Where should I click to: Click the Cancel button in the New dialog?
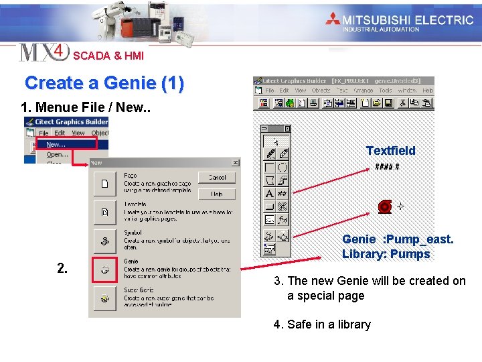[x=217, y=178]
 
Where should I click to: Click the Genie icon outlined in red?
[x=105, y=269]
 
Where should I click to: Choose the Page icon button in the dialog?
[x=104, y=183]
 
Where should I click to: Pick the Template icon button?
[x=104, y=212]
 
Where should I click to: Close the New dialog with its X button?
[x=235, y=162]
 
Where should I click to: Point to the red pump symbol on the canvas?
[x=385, y=206]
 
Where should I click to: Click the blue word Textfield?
[x=390, y=151]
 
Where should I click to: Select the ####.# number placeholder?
[x=387, y=167]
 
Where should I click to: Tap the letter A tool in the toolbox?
[x=269, y=194]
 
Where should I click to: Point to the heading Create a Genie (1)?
[x=104, y=83]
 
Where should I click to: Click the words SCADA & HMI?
[x=108, y=56]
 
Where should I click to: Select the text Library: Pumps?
[x=386, y=254]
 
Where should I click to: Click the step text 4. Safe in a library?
[x=322, y=324]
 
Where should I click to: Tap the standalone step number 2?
[x=62, y=269]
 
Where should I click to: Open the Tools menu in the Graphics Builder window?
[x=385, y=90]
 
